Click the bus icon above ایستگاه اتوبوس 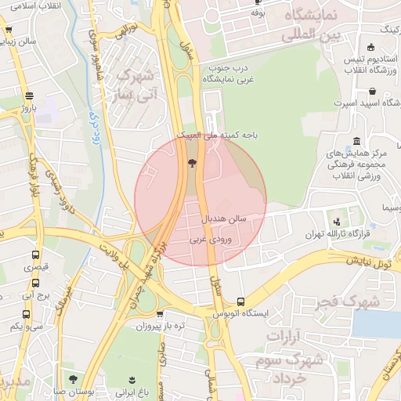point(240,302)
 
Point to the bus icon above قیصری point(34,255)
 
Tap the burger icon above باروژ point(31,92)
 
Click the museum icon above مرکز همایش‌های point(357,141)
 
